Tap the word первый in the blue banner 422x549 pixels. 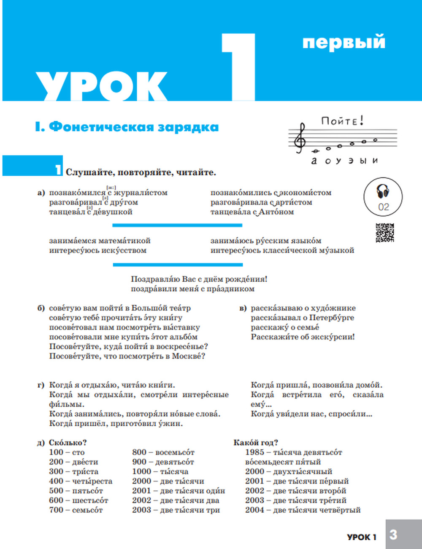[x=344, y=42]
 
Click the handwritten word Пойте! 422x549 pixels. [x=342, y=121]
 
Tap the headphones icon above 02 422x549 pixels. [x=383, y=191]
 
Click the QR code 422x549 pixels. [x=384, y=233]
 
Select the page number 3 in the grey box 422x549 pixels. [x=393, y=535]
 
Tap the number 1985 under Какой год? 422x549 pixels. [x=254, y=452]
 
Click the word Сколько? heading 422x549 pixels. [x=68, y=443]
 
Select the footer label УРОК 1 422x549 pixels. [x=362, y=537]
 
